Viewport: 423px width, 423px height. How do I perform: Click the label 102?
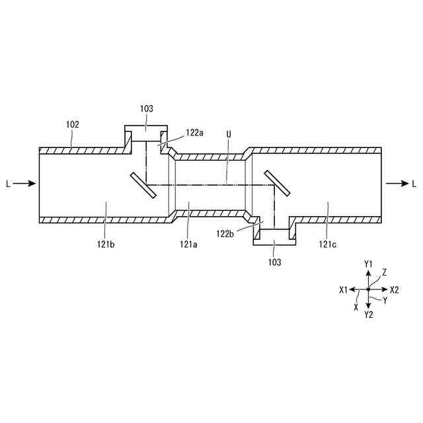pyautogui.click(x=72, y=124)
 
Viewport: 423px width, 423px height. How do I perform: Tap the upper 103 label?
pyautogui.click(x=146, y=108)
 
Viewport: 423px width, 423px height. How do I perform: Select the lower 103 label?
pyautogui.click(x=274, y=262)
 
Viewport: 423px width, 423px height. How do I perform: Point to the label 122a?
pyautogui.click(x=194, y=132)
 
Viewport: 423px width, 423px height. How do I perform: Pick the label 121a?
pyautogui.click(x=188, y=244)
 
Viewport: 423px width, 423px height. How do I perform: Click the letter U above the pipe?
pyautogui.click(x=229, y=134)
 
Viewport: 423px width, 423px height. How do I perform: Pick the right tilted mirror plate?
pyautogui.click(x=277, y=183)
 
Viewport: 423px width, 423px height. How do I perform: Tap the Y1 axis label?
pyautogui.click(x=369, y=264)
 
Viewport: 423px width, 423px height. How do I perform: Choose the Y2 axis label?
pyautogui.click(x=369, y=315)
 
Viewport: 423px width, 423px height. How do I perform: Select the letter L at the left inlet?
pyautogui.click(x=7, y=184)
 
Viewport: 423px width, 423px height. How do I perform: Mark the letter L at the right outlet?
pyautogui.click(x=414, y=184)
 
